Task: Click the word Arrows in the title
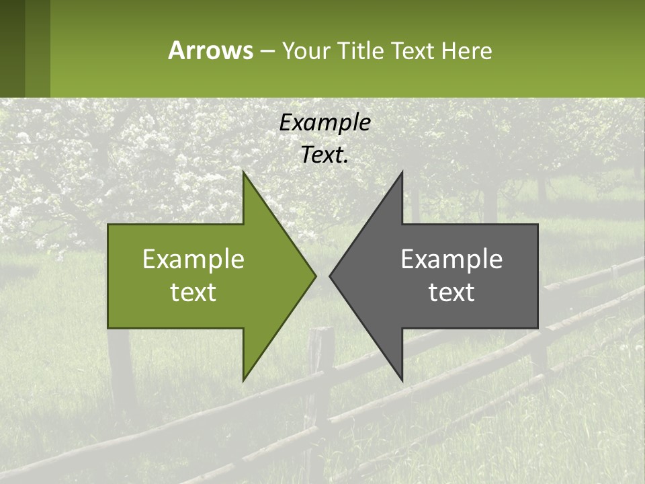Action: [x=210, y=50]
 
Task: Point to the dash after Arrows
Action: [x=267, y=51]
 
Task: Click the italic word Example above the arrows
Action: [x=325, y=122]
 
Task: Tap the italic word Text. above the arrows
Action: [x=325, y=155]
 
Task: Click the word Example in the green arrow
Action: [x=193, y=259]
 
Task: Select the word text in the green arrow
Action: [x=193, y=292]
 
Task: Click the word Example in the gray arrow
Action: [x=451, y=259]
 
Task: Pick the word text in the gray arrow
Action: [x=451, y=292]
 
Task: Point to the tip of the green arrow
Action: [x=315, y=276]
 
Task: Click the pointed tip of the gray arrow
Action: [x=330, y=276]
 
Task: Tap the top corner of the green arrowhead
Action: [x=243, y=173]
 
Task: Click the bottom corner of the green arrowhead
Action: [x=243, y=380]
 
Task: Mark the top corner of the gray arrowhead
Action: [x=402, y=173]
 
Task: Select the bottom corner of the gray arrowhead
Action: [x=402, y=380]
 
